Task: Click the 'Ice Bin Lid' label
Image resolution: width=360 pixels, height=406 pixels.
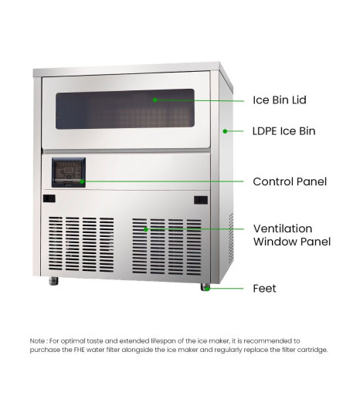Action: point(280,100)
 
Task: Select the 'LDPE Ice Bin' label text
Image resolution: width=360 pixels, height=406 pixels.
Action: point(284,131)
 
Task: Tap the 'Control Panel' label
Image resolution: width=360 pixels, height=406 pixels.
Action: point(290,181)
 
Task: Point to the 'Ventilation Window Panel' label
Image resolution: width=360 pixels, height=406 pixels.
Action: point(292,235)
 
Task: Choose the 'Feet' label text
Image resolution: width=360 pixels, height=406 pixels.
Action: point(264,288)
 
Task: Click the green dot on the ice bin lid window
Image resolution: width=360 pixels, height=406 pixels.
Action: point(155,100)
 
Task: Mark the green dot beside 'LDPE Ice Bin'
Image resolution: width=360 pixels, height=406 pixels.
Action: point(225,131)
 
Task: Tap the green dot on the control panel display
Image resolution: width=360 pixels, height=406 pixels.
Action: point(82,181)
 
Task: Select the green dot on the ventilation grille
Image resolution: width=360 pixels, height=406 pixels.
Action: point(146,229)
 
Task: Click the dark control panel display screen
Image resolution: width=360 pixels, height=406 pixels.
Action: point(69,172)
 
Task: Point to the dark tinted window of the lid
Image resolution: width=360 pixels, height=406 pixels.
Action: point(125,110)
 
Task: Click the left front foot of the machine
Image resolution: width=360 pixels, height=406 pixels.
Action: point(53,281)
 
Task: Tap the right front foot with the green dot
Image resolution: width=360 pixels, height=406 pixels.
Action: point(205,287)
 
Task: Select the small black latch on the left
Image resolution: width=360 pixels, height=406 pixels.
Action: point(49,198)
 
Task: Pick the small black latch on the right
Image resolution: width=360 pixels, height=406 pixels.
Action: point(201,200)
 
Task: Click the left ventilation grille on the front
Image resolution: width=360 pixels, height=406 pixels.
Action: point(81,245)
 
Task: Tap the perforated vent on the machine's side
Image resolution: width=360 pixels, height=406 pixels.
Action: point(230,239)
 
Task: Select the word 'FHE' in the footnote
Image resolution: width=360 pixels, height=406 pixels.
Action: point(79,350)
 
